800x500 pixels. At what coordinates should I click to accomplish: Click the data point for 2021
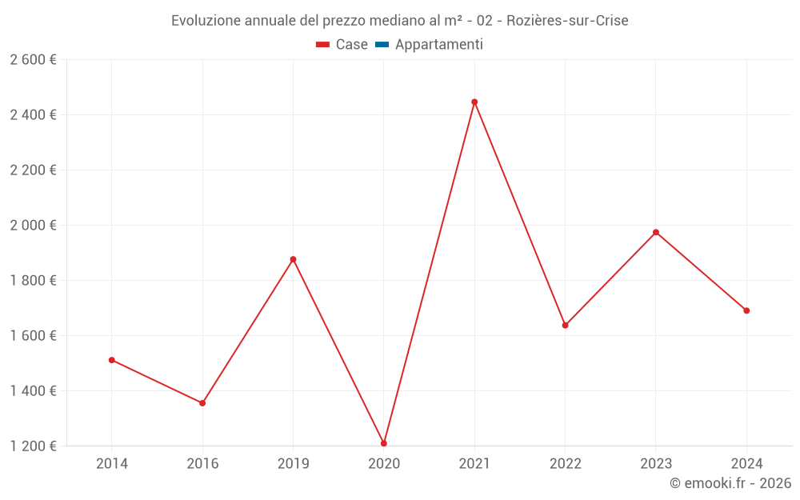coord(474,102)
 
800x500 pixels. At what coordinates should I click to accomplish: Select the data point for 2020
coord(384,443)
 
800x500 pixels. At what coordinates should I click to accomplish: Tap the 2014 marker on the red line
coord(112,360)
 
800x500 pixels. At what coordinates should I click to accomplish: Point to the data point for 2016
coord(202,403)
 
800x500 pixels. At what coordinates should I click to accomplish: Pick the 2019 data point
coord(293,259)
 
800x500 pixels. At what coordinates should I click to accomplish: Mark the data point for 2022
coord(565,326)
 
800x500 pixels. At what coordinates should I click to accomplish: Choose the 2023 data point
coord(656,233)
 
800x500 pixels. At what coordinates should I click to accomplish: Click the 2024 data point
coord(746,310)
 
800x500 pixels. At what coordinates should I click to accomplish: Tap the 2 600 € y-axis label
coord(34,60)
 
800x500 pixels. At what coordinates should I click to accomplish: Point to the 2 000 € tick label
coord(34,226)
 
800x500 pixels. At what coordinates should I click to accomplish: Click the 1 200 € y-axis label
coord(34,446)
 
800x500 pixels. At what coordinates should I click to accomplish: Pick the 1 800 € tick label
coord(34,281)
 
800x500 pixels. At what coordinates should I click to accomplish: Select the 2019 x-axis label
coord(293,463)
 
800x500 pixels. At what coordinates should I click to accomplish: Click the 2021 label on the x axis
coord(474,463)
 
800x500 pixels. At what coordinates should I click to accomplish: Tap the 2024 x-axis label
coord(746,463)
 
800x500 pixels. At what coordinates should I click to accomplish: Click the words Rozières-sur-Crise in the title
coord(567,20)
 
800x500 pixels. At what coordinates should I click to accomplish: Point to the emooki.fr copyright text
coord(730,483)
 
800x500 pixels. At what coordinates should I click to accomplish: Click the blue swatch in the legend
coord(382,45)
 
